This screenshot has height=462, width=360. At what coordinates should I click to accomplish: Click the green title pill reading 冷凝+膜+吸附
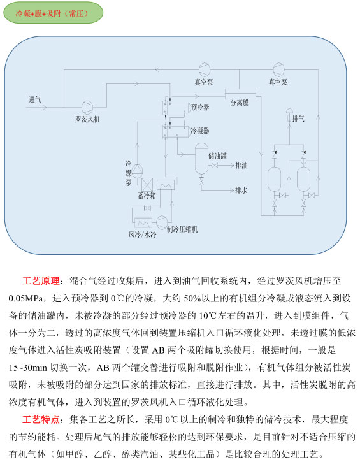point(54,13)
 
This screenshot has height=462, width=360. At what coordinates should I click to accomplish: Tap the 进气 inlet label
point(35,99)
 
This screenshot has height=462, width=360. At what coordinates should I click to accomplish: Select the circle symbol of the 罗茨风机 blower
point(87,107)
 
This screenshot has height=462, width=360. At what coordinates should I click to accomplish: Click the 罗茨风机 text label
point(87,119)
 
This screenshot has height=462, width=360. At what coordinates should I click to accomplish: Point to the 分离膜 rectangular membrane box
point(240,94)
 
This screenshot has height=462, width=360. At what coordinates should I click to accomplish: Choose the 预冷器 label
point(200,107)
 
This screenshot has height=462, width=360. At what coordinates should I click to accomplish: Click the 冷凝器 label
point(200,131)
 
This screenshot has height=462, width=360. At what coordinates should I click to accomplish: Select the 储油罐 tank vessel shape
point(202,159)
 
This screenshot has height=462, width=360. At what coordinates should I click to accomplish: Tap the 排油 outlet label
point(241,165)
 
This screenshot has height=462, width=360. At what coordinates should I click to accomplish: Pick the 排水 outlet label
point(241,191)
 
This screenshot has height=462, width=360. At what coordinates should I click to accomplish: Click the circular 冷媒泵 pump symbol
point(137,171)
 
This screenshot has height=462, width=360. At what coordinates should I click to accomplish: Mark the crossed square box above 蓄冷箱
point(147,184)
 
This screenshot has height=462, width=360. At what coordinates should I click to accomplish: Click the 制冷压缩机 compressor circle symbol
point(162,222)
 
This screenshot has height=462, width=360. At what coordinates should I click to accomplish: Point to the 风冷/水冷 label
point(142,235)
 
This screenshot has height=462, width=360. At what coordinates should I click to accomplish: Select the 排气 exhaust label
point(298,119)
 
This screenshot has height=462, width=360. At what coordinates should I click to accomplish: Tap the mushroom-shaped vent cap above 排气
point(289,112)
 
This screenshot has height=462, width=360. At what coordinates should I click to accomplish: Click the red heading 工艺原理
point(41,281)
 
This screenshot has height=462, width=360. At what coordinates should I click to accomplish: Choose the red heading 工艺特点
point(41,419)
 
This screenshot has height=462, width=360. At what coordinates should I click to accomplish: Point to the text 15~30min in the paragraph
point(27,368)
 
